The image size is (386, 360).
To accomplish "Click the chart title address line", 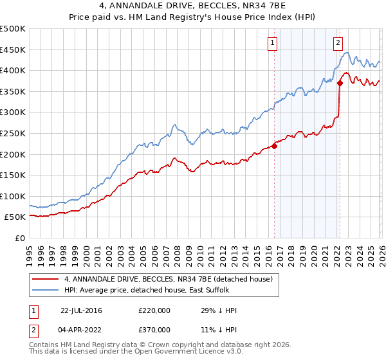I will [192, 6].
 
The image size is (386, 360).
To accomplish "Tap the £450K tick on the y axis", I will [13, 50].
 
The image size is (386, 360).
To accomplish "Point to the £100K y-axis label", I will [13, 196].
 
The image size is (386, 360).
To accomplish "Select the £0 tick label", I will [19, 238].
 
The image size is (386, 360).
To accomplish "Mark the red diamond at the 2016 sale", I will [274, 146].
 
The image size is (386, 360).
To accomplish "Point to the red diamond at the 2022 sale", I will [339, 83].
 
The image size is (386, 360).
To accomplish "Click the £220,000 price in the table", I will [154, 310].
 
